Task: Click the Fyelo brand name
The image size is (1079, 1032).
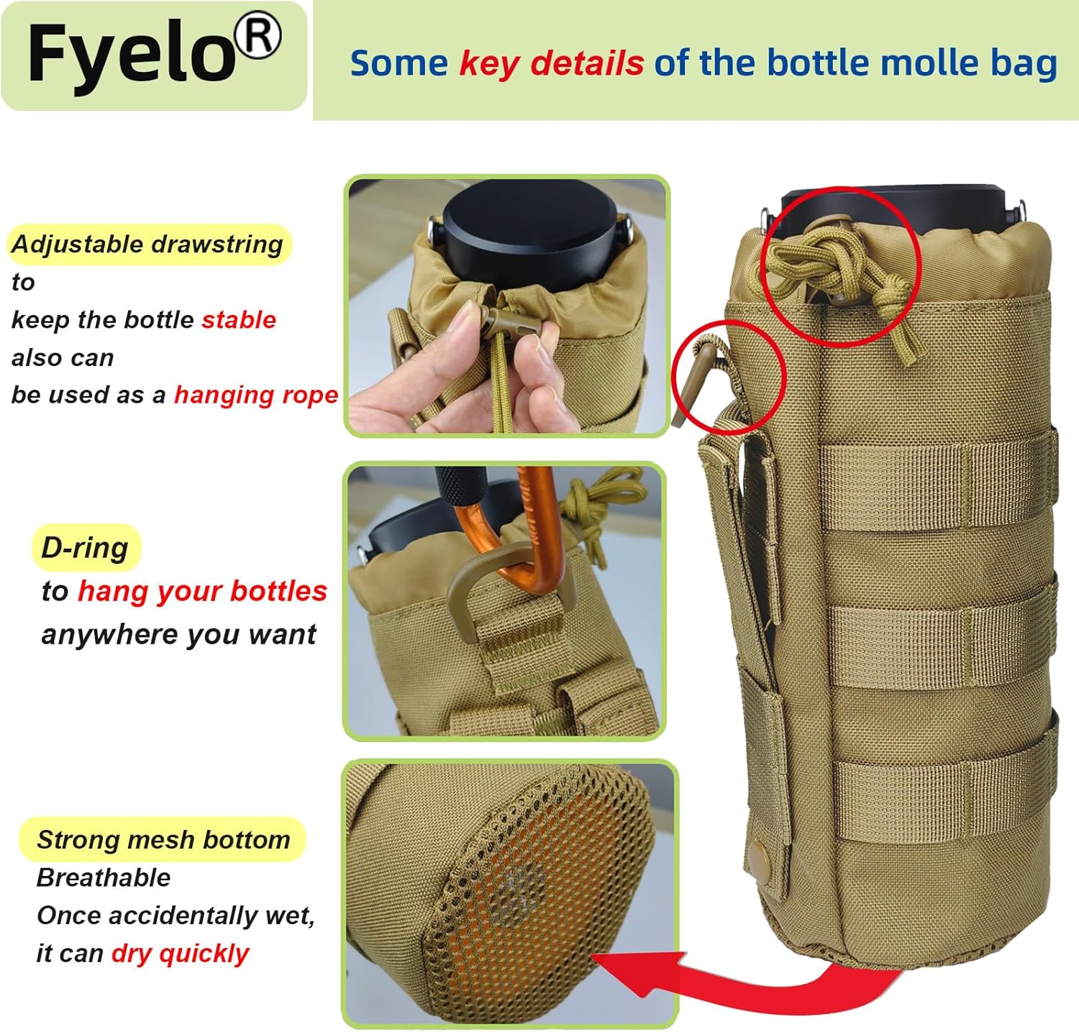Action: (132, 53)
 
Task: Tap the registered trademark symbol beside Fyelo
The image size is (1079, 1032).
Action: (258, 37)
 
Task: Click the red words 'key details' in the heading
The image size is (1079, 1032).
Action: (552, 63)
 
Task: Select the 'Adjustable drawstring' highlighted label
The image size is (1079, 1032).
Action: (147, 245)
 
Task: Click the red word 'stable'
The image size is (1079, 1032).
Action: (239, 319)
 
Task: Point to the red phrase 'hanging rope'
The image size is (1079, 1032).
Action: (256, 395)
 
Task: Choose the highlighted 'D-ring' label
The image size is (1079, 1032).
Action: (85, 548)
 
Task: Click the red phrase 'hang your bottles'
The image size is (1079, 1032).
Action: (202, 591)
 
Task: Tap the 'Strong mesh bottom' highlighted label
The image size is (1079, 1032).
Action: (163, 839)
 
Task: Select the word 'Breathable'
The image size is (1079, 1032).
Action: (104, 877)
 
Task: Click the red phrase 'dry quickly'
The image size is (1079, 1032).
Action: (181, 954)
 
